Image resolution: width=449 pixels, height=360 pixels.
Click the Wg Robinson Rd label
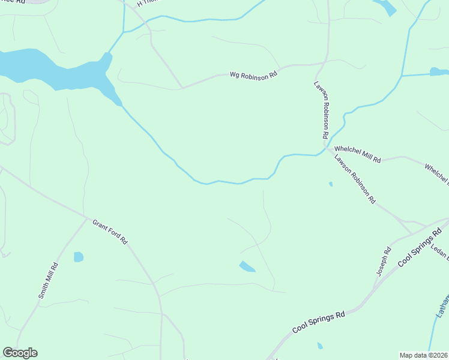tap(254, 75)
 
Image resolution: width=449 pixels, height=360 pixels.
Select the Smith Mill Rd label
tap(48, 281)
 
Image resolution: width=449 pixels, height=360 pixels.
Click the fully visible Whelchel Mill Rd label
tap(358, 154)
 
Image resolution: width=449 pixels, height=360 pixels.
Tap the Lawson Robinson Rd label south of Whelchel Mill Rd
tap(355, 178)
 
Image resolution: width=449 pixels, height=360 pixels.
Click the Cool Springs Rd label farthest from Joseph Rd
tap(319, 322)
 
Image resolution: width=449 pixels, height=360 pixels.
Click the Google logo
tap(20, 353)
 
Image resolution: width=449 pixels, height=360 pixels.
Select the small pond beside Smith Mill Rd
tap(78, 257)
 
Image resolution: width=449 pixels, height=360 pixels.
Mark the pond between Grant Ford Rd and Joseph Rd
tap(247, 266)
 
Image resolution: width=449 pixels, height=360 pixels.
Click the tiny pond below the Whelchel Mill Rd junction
tap(331, 184)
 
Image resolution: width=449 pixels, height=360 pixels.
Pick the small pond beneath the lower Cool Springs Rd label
tap(320, 346)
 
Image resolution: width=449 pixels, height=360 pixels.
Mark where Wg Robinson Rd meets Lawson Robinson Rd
tap(325, 62)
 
